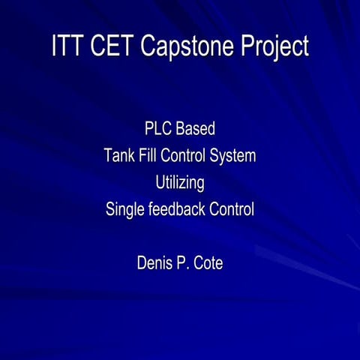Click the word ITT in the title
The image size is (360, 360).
pos(68,47)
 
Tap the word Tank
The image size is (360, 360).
pos(120,156)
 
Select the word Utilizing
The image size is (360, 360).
pos(180,183)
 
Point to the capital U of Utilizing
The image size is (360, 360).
pos(160,183)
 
